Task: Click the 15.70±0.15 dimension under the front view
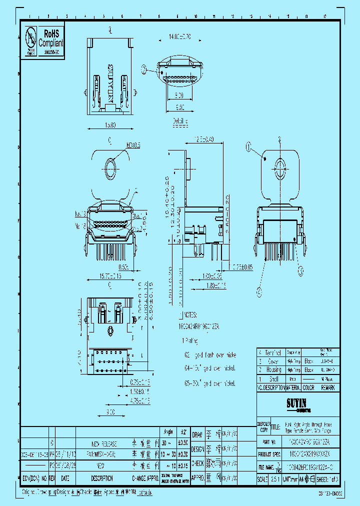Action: [110, 275]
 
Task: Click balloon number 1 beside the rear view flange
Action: [247, 146]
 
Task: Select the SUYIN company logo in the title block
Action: [295, 401]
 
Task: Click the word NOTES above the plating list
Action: [190, 315]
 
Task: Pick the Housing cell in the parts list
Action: [273, 369]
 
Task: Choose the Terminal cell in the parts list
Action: [273, 352]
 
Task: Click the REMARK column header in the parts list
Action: [328, 387]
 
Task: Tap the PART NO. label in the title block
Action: [269, 442]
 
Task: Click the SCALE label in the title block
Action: [263, 478]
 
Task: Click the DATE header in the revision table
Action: [65, 478]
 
